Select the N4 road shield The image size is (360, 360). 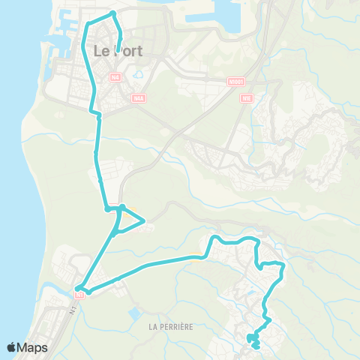114,76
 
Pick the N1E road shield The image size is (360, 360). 246,97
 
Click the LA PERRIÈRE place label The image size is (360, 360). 172,326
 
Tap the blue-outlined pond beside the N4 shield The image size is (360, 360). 140,74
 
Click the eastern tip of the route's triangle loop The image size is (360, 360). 143,220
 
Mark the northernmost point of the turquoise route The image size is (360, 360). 112,13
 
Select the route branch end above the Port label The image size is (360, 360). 120,43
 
